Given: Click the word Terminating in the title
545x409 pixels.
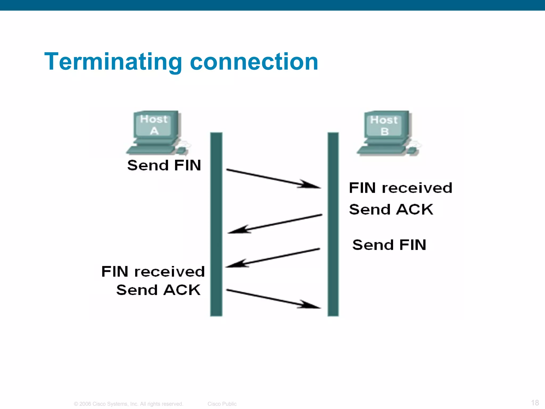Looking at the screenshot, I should (x=113, y=62).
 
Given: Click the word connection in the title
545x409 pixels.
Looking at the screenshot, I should (x=254, y=62).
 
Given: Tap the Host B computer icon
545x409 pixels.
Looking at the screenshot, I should (x=387, y=133).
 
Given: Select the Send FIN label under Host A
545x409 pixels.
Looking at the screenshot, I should (x=164, y=165).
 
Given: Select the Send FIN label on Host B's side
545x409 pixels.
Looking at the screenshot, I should (x=389, y=245).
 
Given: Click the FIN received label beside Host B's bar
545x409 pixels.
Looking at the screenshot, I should (x=401, y=188).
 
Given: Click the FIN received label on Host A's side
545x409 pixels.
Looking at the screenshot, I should (x=153, y=272).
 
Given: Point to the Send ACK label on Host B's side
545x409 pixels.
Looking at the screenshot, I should (x=391, y=210).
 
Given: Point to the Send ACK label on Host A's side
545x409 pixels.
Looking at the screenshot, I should (x=158, y=290).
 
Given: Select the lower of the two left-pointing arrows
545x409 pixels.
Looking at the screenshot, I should (x=273, y=258).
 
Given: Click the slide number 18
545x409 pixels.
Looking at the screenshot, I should (x=535, y=402).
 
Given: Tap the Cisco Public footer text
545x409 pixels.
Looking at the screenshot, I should (x=222, y=404).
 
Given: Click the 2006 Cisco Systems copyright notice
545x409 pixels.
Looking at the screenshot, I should (x=129, y=404).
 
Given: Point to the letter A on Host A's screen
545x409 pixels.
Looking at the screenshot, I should (x=154, y=131).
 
